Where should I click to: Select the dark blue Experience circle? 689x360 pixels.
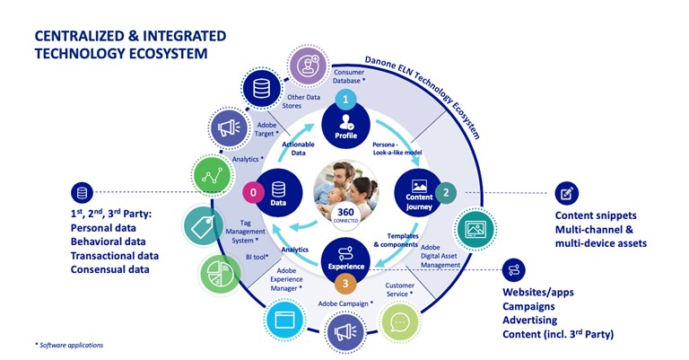click(x=346, y=258)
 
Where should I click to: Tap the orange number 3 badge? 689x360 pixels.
click(x=346, y=283)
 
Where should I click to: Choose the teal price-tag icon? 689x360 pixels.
click(x=204, y=226)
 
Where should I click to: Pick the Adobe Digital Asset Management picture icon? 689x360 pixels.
click(x=475, y=230)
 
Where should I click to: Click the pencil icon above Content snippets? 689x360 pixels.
click(x=566, y=192)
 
